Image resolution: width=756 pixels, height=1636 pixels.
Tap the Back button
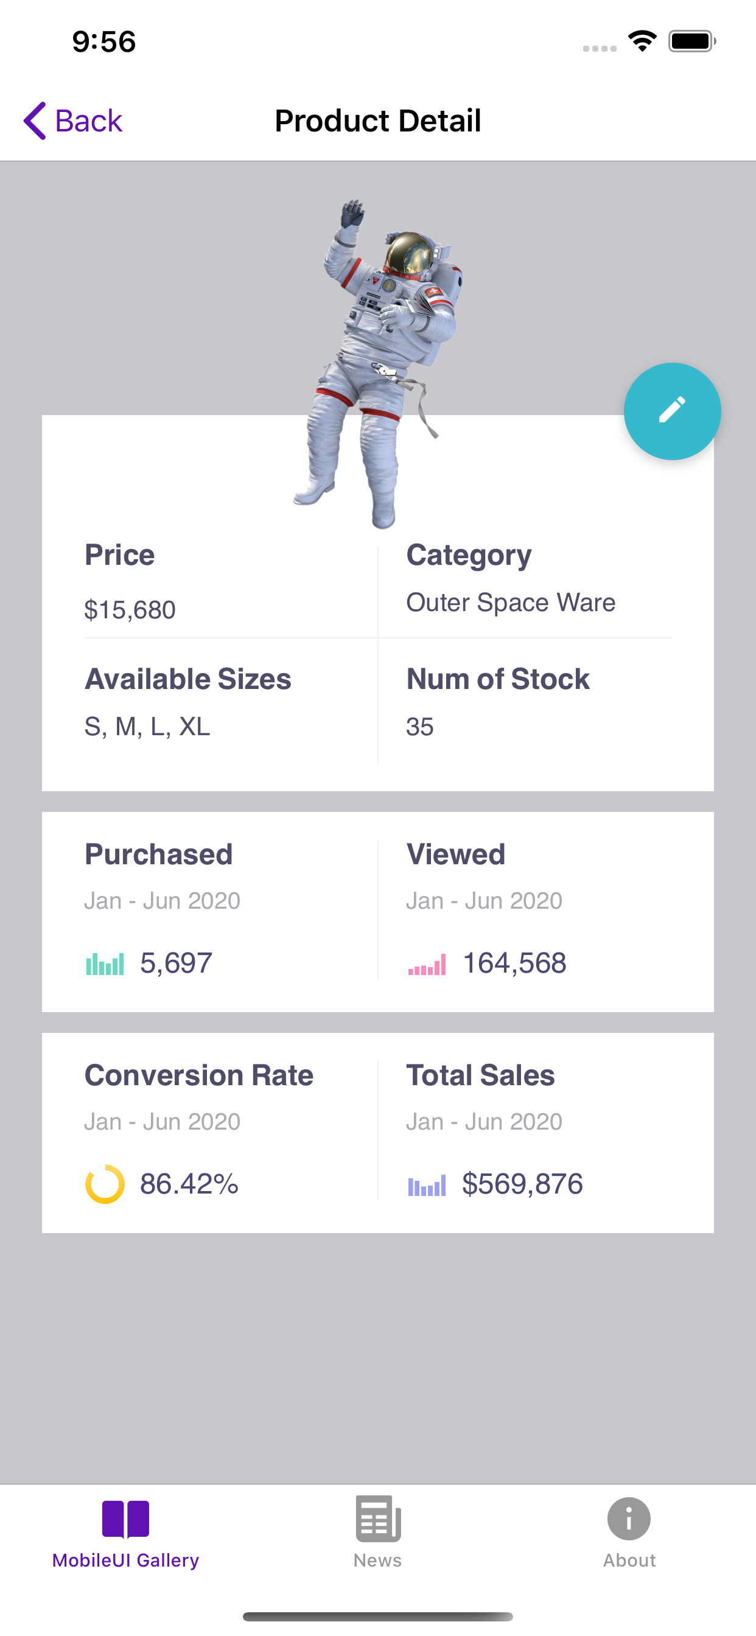point(73,121)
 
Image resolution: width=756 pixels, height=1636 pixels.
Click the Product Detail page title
point(378,121)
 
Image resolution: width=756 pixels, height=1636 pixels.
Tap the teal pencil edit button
point(672,411)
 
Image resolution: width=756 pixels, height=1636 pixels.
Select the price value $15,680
point(130,610)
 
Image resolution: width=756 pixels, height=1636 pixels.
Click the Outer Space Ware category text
point(511,602)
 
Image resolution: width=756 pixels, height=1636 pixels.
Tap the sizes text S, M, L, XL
point(147,727)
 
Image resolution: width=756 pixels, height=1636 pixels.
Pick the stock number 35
point(420,727)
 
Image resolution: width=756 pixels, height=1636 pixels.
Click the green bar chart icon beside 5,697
point(105,964)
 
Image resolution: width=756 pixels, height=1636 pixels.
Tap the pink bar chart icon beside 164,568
point(427,965)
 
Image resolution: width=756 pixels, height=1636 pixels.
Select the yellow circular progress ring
point(105,1184)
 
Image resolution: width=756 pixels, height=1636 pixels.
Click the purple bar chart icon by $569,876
point(427,1185)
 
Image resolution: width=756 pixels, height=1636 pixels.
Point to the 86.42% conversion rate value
point(189,1184)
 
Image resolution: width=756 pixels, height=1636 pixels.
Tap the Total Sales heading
point(480,1075)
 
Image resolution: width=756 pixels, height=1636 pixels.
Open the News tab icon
point(378,1519)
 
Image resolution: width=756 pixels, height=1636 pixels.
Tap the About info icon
point(629,1519)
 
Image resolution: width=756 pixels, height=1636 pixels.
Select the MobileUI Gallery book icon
point(126,1519)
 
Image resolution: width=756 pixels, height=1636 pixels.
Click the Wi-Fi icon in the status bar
point(642,41)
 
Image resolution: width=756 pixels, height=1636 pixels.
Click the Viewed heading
point(455,854)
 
